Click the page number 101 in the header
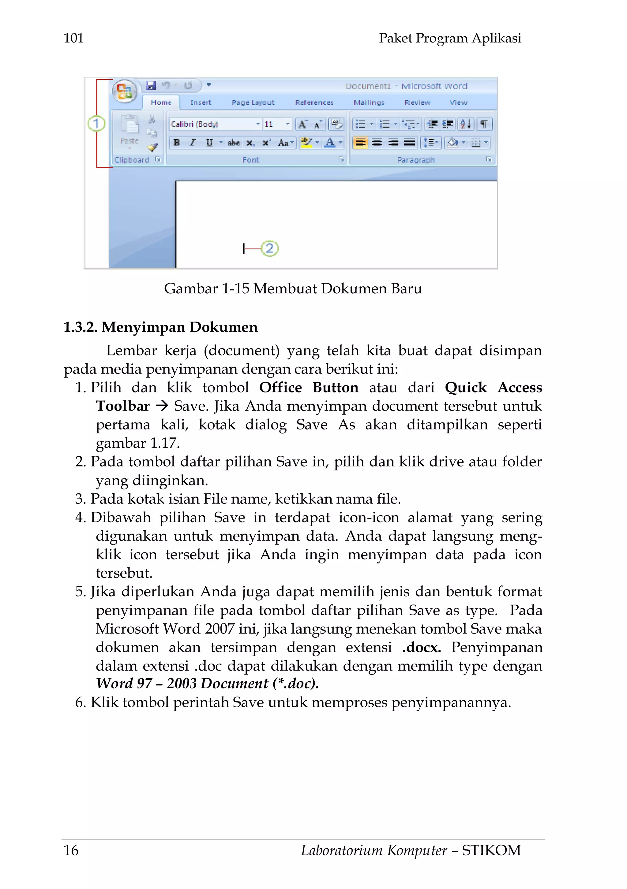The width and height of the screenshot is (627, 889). point(73,38)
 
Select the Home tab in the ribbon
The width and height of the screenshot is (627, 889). point(161,102)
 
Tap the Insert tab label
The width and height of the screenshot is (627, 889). point(200,102)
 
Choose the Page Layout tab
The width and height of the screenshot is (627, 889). point(253,102)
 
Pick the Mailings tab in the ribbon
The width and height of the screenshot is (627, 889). point(369,102)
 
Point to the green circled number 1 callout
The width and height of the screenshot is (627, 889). point(96,124)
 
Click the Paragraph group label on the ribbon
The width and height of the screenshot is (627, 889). point(416,160)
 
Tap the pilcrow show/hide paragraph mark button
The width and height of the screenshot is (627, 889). point(484,124)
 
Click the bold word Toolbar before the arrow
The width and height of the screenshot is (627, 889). point(122,406)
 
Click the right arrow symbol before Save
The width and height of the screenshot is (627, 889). point(162,406)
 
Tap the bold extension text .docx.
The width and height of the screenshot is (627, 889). point(421,647)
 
